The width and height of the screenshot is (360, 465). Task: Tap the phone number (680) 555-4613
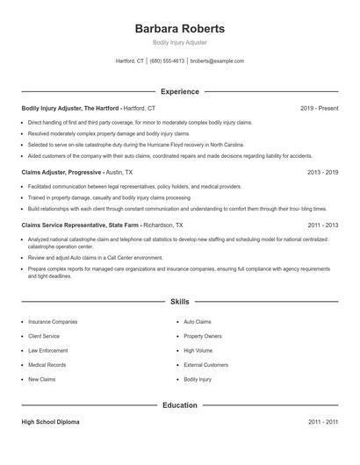[168, 61]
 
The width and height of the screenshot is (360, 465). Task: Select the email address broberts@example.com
[217, 61]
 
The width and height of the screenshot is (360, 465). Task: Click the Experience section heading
[180, 91]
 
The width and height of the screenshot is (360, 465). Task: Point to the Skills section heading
[180, 301]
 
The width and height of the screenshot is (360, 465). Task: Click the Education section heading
[180, 405]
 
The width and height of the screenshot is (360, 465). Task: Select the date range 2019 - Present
[319, 108]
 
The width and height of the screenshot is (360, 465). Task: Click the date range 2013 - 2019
[322, 172]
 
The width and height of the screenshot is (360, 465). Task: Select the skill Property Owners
[203, 336]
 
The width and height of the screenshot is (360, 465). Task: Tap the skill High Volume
[198, 350]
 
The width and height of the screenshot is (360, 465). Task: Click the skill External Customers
[205, 364]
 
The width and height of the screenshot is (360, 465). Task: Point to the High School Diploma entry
[50, 422]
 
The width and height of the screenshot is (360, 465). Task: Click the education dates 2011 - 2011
[322, 422]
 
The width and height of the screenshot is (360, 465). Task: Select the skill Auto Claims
[198, 322]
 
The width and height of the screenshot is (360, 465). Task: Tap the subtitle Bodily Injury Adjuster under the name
[179, 42]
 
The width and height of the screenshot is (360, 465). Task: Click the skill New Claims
[42, 379]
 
